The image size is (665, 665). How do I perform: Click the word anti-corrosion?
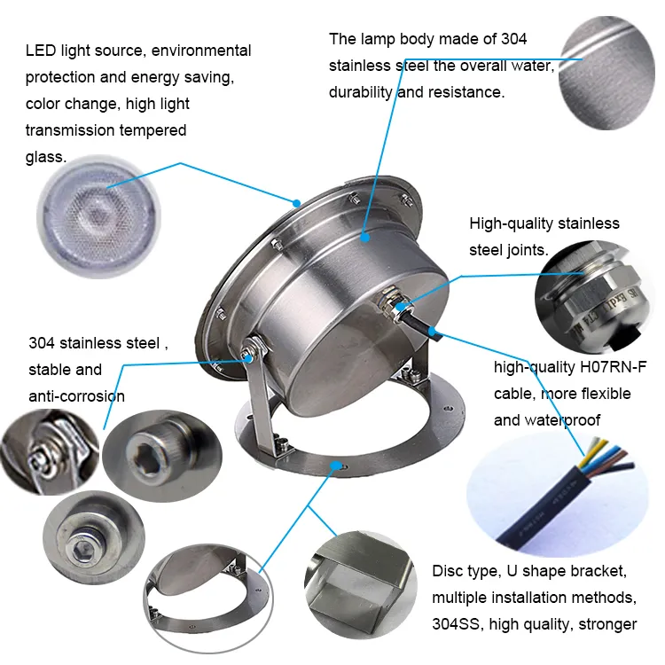tap(76, 395)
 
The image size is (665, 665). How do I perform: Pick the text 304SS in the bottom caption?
tap(454, 624)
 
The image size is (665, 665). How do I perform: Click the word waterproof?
tap(559, 419)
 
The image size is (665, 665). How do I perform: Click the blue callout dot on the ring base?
tap(335, 464)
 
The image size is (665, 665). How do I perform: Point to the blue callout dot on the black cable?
tap(433, 332)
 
